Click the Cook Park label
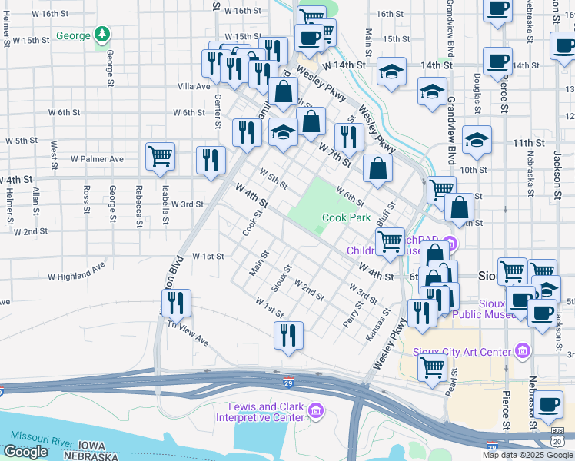tap(346, 217)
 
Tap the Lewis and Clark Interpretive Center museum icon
tap(314, 413)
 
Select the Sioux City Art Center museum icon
tap(523, 352)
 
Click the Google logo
tap(26, 452)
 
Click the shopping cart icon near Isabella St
tap(161, 156)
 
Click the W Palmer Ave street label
tap(97, 159)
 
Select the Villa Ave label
tap(194, 87)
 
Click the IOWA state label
tap(91, 445)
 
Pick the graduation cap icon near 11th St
tap(477, 139)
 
